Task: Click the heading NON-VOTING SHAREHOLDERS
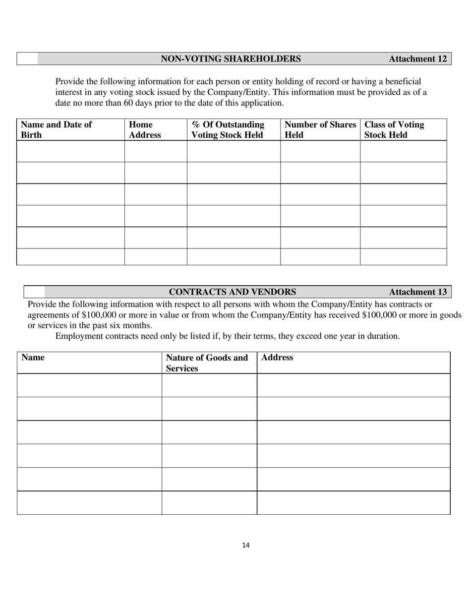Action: tap(231, 59)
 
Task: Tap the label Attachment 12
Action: tap(417, 59)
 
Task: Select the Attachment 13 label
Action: tap(417, 292)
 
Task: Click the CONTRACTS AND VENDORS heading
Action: tap(233, 292)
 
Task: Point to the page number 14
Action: tap(246, 546)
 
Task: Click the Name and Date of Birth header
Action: tap(56, 130)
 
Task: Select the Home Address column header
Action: tap(145, 130)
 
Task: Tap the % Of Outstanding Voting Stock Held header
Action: tap(228, 130)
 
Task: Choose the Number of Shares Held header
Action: tap(320, 130)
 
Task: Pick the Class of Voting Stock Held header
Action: tap(394, 130)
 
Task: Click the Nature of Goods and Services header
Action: tap(207, 363)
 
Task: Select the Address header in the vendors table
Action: tap(277, 358)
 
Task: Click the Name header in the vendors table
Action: tap(33, 358)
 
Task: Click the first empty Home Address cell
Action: tap(156, 151)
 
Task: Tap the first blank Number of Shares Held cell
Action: tap(320, 151)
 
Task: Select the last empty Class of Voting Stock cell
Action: tap(403, 257)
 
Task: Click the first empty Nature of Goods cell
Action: tap(209, 385)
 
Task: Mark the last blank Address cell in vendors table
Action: tap(353, 503)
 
